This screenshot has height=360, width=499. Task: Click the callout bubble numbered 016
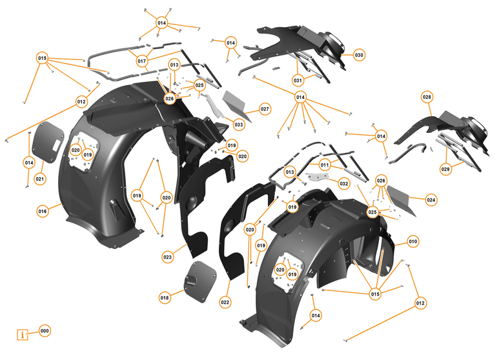(x=43, y=211)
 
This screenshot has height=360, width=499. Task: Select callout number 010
(x=413, y=241)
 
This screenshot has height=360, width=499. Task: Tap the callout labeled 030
(x=359, y=55)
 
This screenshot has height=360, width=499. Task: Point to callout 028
(x=427, y=97)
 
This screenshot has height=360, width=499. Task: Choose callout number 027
(x=265, y=109)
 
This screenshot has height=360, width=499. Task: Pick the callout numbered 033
(x=239, y=125)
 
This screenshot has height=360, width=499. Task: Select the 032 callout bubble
(x=344, y=184)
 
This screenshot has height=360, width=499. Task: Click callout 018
(x=165, y=297)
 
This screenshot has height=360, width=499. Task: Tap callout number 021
(x=40, y=179)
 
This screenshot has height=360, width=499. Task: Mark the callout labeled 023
(x=167, y=257)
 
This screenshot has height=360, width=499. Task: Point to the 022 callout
(x=225, y=302)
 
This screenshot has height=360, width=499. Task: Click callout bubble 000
(x=45, y=330)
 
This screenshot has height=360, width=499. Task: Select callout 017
(x=142, y=61)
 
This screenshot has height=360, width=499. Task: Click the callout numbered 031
(x=298, y=81)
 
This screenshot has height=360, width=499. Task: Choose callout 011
(x=325, y=164)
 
